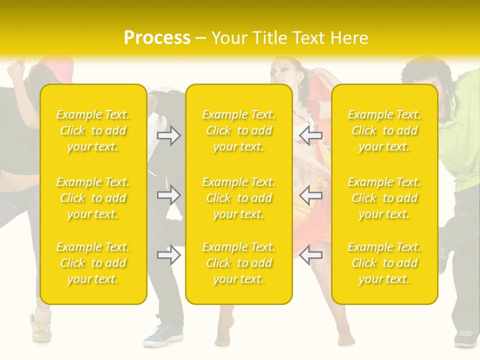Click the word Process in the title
[157, 38]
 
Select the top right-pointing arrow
[168, 135]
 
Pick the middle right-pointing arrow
[168, 195]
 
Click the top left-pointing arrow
[311, 135]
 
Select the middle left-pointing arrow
[311, 195]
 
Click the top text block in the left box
[93, 130]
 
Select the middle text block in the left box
[93, 198]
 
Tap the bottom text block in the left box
[93, 263]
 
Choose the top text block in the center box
[238, 130]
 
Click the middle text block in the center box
[238, 198]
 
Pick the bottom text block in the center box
[238, 263]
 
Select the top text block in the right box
[384, 130]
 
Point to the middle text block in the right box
[384, 198]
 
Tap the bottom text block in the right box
[384, 263]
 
